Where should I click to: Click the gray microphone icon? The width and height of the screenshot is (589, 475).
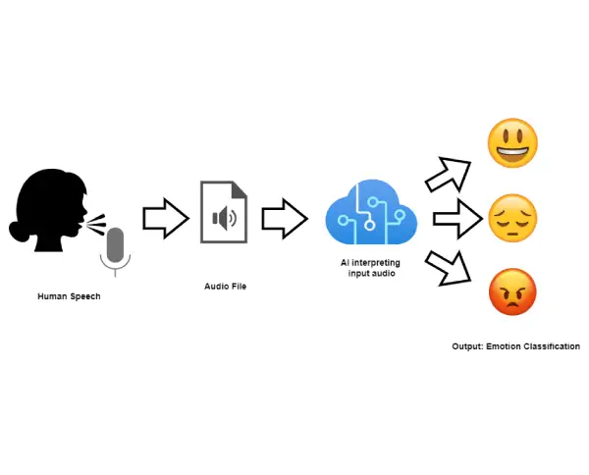pos(116,248)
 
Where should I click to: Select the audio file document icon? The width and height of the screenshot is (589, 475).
pos(223,212)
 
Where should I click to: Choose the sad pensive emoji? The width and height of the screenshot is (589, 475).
pos(512,218)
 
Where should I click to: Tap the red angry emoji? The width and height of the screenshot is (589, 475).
pos(512,292)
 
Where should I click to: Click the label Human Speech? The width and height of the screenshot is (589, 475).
pos(69,296)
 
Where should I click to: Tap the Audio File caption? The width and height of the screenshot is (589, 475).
pos(225,286)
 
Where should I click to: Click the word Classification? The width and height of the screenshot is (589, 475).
pos(552,346)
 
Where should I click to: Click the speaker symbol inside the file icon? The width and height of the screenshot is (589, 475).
pos(225,218)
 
